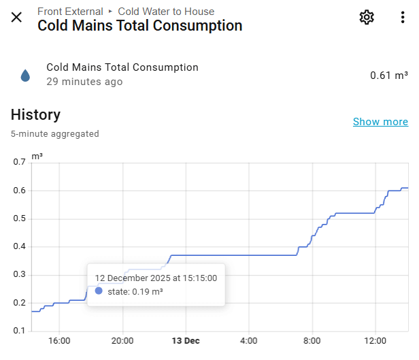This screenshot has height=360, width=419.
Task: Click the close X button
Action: tap(16, 17)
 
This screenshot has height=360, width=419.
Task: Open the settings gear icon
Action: tap(367, 18)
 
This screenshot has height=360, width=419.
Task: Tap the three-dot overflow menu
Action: tap(403, 18)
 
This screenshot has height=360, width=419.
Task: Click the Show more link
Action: tap(380, 122)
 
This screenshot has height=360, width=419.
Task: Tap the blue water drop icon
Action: tap(25, 75)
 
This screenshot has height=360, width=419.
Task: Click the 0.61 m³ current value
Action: tap(388, 75)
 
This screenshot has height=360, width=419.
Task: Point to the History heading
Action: tap(35, 114)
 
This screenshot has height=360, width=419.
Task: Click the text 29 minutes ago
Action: tap(84, 82)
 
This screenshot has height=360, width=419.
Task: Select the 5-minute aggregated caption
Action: tap(54, 133)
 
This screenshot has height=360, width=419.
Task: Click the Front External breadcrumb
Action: tap(70, 12)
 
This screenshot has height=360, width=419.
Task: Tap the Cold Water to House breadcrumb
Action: tap(166, 12)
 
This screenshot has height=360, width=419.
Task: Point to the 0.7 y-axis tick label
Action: tap(18, 162)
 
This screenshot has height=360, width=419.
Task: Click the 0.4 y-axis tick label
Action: tap(18, 247)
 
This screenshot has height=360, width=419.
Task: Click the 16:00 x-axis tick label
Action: tap(59, 340)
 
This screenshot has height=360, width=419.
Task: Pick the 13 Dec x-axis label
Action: tap(186, 340)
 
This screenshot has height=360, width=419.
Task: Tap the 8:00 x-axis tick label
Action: tap(312, 340)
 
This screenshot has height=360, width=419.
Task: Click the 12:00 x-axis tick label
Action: tap(375, 340)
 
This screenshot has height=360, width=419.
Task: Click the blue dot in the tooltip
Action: tap(99, 291)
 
